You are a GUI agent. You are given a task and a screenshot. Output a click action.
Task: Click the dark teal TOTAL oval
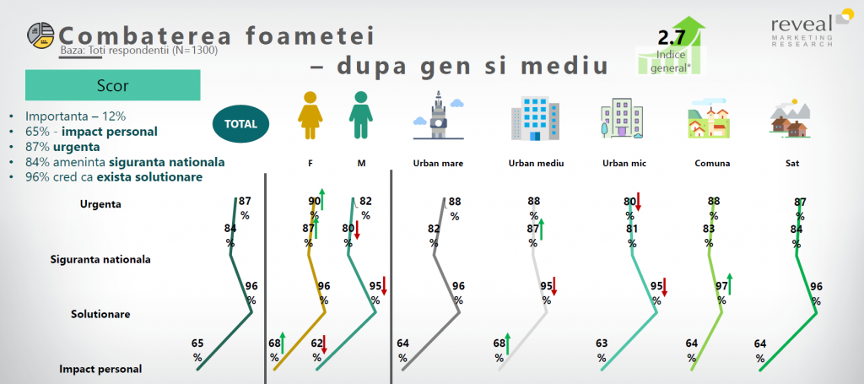(240, 123)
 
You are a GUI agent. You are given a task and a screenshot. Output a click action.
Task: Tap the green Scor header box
(112, 85)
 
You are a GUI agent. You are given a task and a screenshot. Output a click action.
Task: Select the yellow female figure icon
(310, 115)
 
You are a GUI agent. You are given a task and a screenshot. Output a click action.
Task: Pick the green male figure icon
(360, 115)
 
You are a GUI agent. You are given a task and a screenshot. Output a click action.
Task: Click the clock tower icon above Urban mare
(439, 115)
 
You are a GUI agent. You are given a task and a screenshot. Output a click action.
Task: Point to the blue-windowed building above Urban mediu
(535, 118)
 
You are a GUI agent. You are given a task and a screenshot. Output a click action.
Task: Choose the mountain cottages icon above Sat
(790, 118)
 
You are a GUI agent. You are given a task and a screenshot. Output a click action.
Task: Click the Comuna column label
(712, 164)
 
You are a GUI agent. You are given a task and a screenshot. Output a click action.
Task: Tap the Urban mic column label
(624, 164)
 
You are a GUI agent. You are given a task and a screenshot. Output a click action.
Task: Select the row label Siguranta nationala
(100, 259)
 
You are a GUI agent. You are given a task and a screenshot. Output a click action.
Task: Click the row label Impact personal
(100, 369)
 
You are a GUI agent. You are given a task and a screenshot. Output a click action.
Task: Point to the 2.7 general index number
(671, 38)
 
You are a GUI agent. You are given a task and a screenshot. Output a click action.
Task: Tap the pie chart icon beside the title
(40, 35)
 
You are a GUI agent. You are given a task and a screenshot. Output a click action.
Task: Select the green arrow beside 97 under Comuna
(730, 284)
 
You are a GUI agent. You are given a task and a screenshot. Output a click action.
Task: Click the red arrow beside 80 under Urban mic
(639, 202)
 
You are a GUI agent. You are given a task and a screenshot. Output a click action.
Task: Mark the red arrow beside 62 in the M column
(325, 344)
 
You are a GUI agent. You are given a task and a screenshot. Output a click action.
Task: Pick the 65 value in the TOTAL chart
(197, 350)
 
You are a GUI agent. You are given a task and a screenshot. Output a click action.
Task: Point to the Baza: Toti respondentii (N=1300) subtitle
(139, 51)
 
